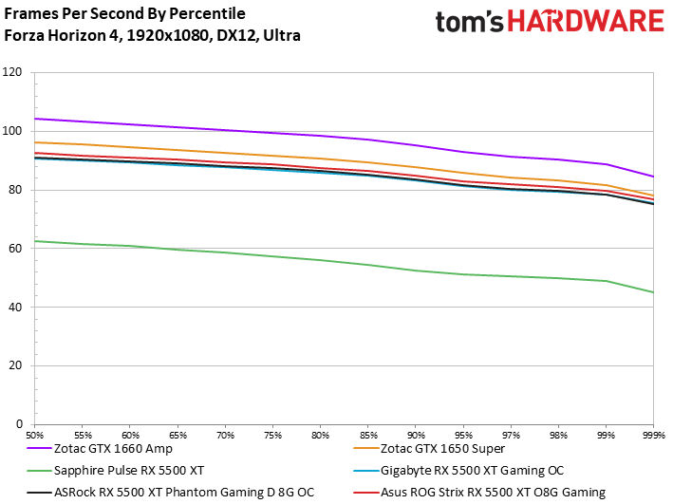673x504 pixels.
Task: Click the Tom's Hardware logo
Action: pyautogui.click(x=549, y=23)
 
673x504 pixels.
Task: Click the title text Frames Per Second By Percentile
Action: pyautogui.click(x=124, y=14)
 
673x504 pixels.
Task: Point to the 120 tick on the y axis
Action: pyautogui.click(x=15, y=72)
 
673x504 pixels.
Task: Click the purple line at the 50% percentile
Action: pyautogui.click(x=35, y=119)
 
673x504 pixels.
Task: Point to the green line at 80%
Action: pyautogui.click(x=320, y=260)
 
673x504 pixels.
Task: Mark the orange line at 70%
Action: pyautogui.click(x=225, y=152)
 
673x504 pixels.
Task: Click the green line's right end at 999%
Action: pyautogui.click(x=652, y=291)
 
